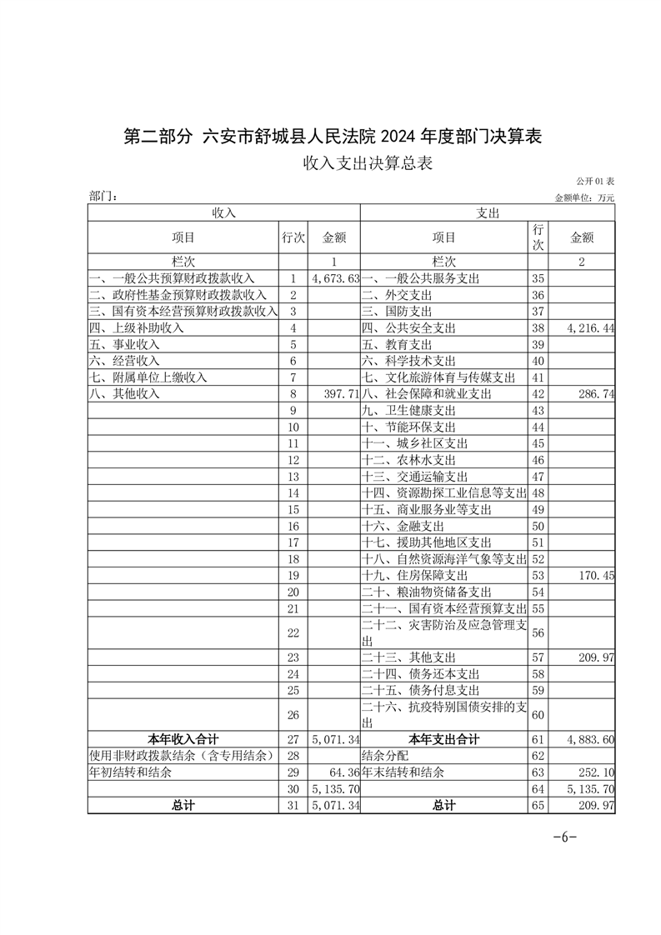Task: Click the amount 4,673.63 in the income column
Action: point(335,278)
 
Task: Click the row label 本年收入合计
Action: point(183,739)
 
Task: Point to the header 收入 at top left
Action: point(224,213)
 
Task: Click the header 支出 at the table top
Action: point(488,213)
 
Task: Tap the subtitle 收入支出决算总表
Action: point(368,164)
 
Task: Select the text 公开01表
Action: point(594,182)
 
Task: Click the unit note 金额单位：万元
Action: point(583,197)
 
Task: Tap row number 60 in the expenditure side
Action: point(538,714)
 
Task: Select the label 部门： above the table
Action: point(103,197)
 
